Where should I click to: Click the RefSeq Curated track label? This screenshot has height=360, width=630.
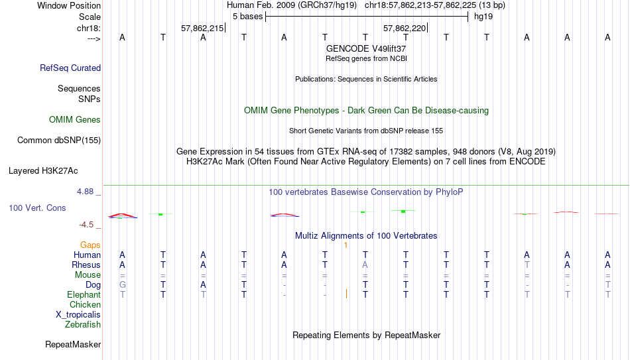70,68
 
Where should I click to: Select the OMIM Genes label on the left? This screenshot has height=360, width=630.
75,120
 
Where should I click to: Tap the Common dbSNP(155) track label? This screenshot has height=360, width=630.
59,141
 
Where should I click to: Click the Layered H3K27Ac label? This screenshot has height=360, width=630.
43,171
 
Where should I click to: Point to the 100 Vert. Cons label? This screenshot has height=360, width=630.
37,208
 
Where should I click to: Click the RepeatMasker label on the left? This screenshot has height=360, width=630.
73,344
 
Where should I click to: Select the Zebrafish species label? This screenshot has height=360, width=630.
83,324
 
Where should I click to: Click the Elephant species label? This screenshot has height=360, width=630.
84,294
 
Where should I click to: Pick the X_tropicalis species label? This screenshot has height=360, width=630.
78,315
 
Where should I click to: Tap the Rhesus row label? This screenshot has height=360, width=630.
86,265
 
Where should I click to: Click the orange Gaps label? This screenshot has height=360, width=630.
90,245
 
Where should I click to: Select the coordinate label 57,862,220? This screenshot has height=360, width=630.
405,28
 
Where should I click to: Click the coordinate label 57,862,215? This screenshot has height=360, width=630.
202,28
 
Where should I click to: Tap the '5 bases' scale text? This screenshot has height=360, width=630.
247,17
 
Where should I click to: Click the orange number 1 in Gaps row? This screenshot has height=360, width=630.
346,245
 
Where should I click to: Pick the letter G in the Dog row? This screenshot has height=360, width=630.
123,284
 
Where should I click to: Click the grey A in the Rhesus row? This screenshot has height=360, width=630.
365,265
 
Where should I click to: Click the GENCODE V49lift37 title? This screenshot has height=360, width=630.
366,48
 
